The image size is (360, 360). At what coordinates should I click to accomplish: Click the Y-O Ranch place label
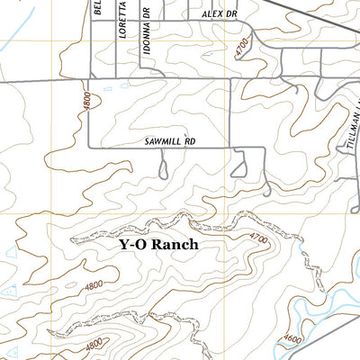pos(157,244)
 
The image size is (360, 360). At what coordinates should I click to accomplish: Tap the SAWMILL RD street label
pos(169,142)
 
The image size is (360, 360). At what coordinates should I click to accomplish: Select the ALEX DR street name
pos(217,15)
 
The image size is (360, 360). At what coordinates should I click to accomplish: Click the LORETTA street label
pos(122,30)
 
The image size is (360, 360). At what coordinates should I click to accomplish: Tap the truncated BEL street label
pos(98,12)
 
